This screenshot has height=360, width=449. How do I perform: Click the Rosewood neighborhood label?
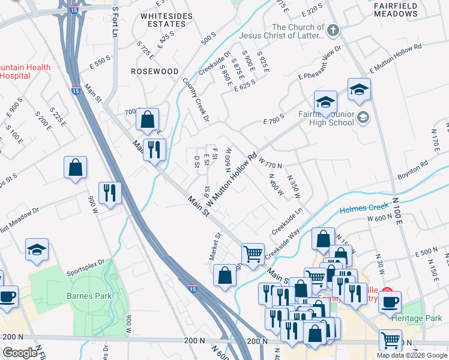coord(155,71)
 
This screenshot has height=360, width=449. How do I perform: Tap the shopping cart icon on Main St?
coord(253,253)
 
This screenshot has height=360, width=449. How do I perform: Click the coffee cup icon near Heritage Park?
coord(390,301)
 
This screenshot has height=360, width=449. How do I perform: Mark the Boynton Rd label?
coord(413,170)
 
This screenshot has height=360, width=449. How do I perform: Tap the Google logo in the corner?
coord(20,353)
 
